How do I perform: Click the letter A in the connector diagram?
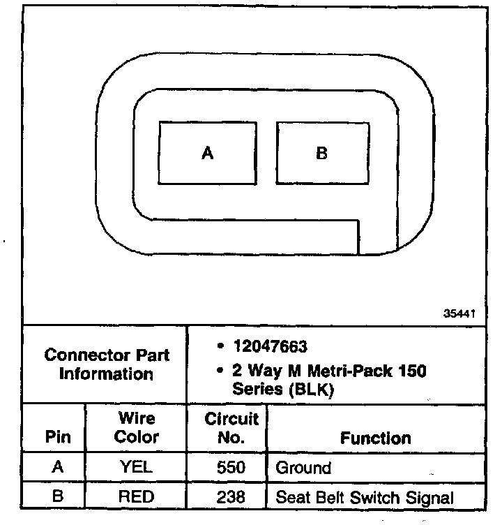point(207,153)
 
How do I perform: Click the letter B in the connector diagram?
point(321,153)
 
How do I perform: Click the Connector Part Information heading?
point(106,364)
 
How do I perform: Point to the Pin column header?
point(58,438)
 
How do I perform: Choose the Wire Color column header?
point(137,428)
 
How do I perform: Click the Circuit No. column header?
point(231,428)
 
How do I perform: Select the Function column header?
point(375,438)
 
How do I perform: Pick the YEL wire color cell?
point(137,467)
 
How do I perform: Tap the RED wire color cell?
point(137,497)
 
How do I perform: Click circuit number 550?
point(231,467)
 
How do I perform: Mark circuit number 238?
point(231,497)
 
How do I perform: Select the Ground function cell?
point(304,467)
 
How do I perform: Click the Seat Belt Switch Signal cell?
point(365,497)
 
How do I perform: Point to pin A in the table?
point(58,467)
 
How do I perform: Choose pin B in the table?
point(58,497)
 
